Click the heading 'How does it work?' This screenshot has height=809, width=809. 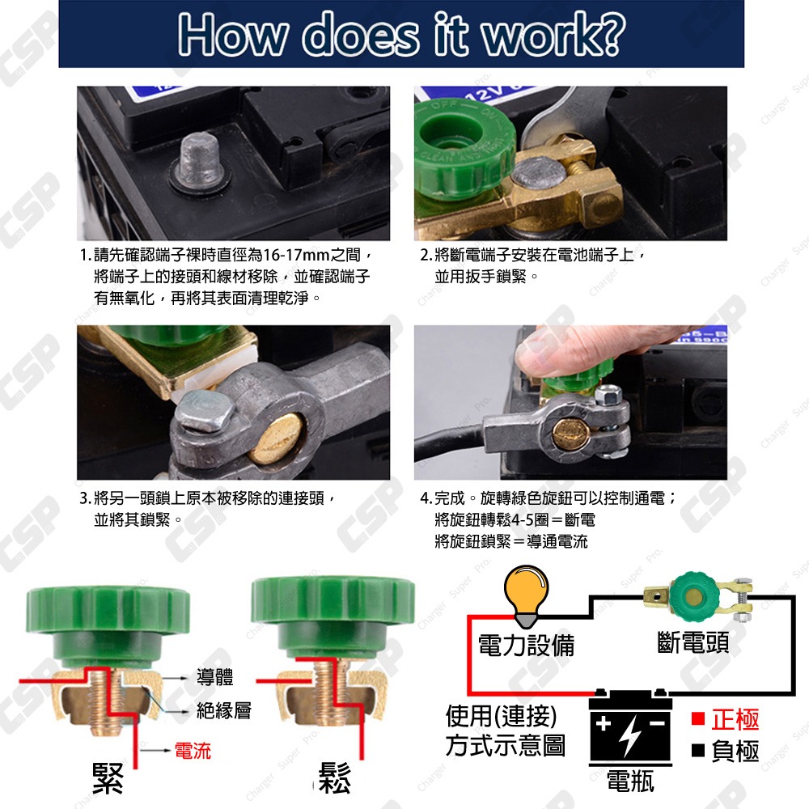(402, 34)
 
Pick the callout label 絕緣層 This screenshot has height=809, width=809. (224, 711)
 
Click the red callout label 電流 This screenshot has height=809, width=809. (193, 752)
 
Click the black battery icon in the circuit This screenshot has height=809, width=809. (630, 733)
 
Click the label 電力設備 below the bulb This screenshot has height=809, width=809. (526, 645)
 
